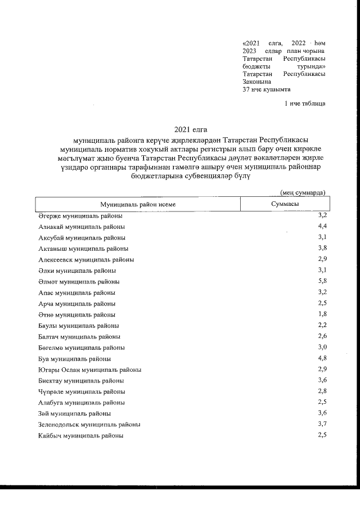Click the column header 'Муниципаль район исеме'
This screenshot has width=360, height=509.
click(x=138, y=204)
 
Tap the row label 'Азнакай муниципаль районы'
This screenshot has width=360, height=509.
click(x=82, y=227)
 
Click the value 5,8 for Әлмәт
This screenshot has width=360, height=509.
click(x=322, y=281)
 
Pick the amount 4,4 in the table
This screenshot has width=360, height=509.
click(x=322, y=226)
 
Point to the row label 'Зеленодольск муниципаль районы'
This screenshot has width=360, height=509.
click(x=89, y=425)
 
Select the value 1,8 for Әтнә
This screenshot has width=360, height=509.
click(x=322, y=314)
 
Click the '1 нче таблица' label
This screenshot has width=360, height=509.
click(x=305, y=103)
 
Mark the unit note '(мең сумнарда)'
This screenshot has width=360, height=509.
click(x=303, y=192)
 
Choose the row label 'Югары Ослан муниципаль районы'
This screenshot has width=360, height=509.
click(x=89, y=370)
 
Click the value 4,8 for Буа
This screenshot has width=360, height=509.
click(x=322, y=358)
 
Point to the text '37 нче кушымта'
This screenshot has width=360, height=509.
click(x=266, y=89)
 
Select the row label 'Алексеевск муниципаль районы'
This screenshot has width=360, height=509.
click(x=86, y=260)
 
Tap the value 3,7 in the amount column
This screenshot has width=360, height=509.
click(x=322, y=424)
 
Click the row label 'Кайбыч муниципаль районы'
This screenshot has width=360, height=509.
click(x=80, y=436)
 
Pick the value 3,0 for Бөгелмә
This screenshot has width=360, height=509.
click(x=322, y=346)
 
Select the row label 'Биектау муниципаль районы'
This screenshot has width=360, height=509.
click(x=82, y=381)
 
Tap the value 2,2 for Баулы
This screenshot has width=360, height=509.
click(x=322, y=325)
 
